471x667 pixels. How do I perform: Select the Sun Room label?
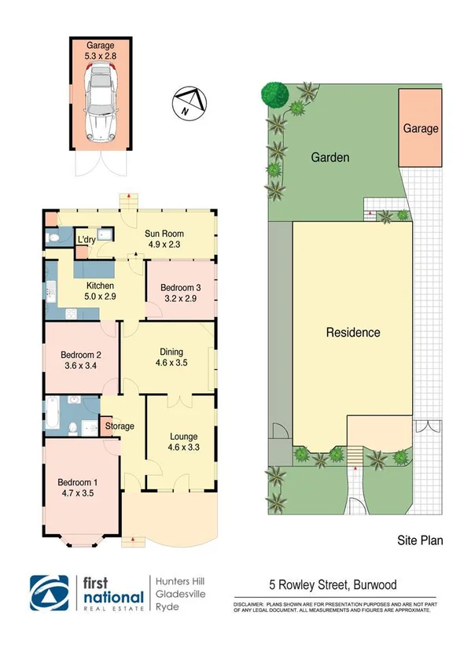coord(163,239)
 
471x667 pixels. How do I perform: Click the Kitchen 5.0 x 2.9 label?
coord(100,291)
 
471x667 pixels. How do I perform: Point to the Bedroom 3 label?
coord(180,293)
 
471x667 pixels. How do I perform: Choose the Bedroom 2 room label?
coord(82,359)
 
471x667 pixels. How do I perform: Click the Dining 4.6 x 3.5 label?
coord(171,358)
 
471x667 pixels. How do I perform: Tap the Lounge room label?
coord(183,442)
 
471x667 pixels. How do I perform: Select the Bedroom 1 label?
coord(77,488)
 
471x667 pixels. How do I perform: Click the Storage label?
coord(120,426)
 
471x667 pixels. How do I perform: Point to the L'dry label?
coord(86,239)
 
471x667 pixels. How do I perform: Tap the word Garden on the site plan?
coord(329,157)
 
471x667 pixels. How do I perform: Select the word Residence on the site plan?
coord(353,333)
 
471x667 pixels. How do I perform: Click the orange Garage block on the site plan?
coord(421,127)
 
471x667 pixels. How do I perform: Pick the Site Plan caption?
coord(419,540)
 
